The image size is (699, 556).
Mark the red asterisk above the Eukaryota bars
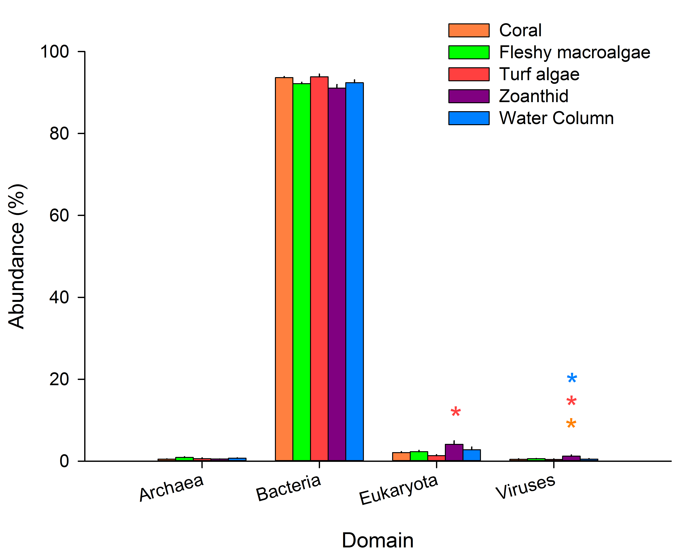coord(456,412)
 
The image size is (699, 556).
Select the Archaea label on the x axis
coord(171,488)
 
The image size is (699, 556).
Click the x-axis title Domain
coord(378,540)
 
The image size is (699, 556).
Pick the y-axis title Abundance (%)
coord(17,256)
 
